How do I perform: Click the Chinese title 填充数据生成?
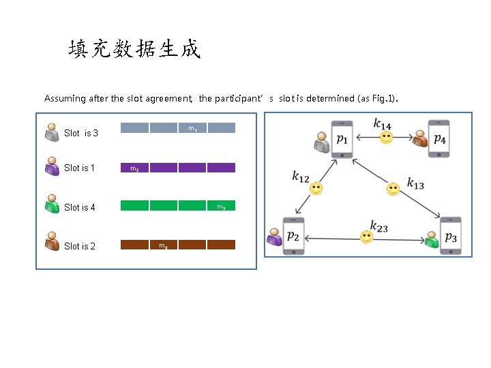click(x=134, y=49)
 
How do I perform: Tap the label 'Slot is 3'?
click(x=80, y=133)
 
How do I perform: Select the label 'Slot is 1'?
click(x=79, y=168)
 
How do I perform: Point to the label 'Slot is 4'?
click(x=79, y=207)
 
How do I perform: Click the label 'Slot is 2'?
click(x=79, y=246)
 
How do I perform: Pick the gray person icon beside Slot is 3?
click(x=52, y=132)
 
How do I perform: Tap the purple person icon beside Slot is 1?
click(x=52, y=166)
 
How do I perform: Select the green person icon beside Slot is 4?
click(x=52, y=204)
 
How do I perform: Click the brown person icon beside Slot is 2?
click(x=52, y=242)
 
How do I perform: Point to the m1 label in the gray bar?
click(x=192, y=129)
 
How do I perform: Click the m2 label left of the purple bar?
click(x=134, y=169)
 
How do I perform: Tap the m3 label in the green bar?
click(x=222, y=206)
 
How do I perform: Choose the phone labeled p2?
click(x=293, y=236)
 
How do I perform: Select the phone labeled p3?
click(x=450, y=236)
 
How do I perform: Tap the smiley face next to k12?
click(x=316, y=189)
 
